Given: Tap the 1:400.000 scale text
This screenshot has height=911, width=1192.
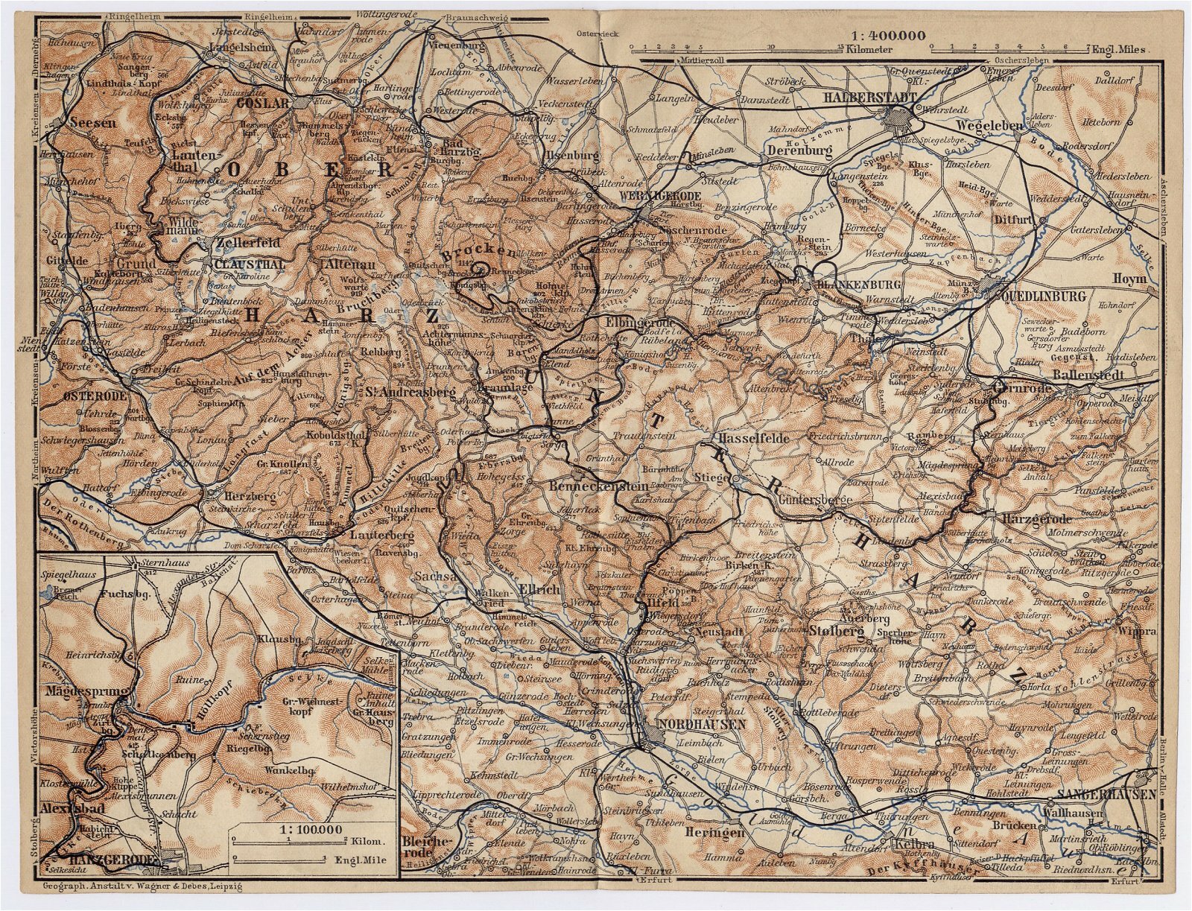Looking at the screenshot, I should [x=890, y=34].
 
